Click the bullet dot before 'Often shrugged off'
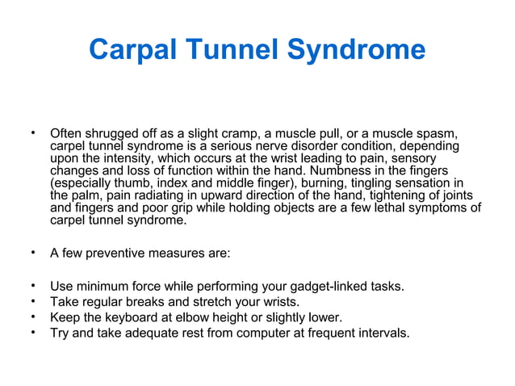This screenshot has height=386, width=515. coord(33,132)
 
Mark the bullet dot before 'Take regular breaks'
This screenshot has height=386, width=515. coord(33,301)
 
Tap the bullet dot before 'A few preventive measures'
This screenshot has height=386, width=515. coord(33,253)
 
